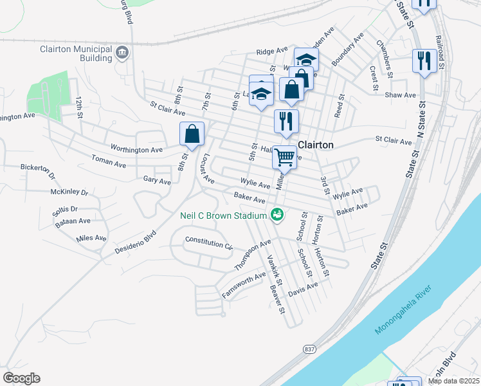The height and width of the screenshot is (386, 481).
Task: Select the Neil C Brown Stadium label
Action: (223, 216)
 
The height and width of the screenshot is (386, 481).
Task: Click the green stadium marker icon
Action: (277, 214)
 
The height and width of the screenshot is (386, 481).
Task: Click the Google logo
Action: (21, 378)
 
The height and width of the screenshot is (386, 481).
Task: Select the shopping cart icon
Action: (284, 156)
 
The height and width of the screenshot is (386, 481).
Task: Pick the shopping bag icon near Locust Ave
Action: (192, 134)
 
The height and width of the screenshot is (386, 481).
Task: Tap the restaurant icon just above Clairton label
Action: (286, 120)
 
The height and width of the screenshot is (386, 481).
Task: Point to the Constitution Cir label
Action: (208, 243)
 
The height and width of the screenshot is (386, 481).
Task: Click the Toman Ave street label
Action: (109, 161)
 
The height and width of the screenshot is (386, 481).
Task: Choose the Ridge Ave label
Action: (272, 51)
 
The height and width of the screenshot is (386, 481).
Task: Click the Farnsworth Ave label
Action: (244, 285)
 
